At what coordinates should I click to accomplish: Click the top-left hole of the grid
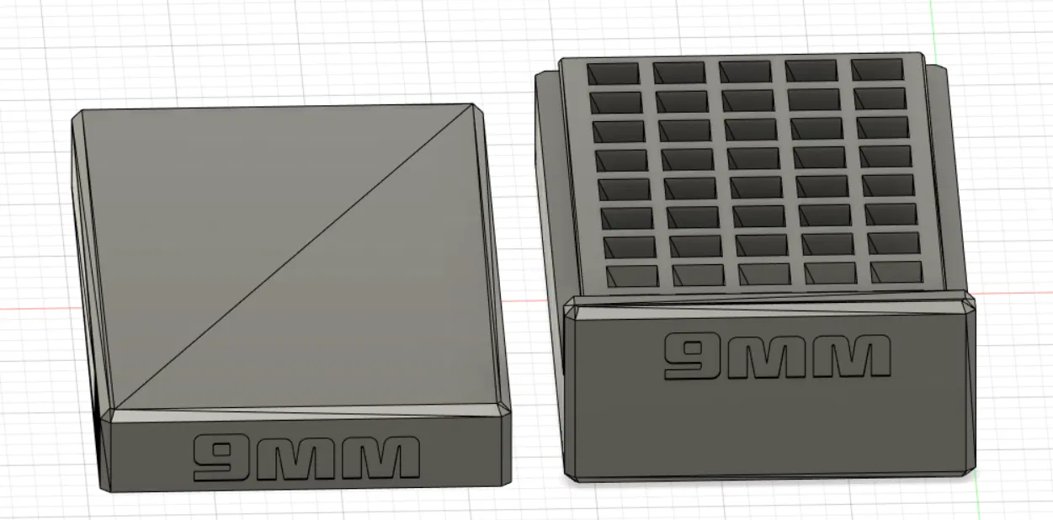coord(612,73)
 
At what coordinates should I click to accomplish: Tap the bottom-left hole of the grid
coord(633,276)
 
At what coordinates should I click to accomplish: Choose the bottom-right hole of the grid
coord(896,272)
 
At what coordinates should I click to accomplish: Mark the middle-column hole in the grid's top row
coord(745,72)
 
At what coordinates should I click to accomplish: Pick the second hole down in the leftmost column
coord(615,102)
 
